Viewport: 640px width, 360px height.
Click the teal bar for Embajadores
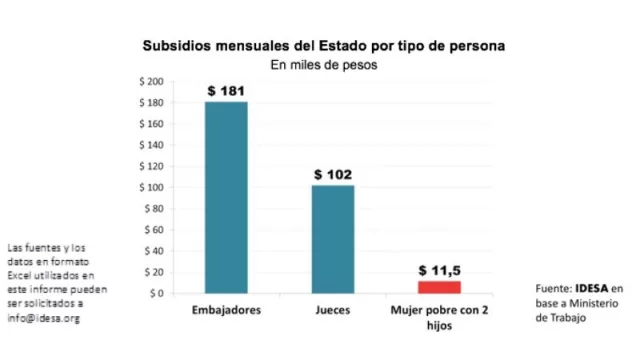tap(226, 197)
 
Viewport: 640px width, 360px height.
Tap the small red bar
tap(438, 287)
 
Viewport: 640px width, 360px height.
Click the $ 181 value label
tap(226, 91)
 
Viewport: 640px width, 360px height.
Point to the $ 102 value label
tap(332, 175)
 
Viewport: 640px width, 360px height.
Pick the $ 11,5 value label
tap(438, 270)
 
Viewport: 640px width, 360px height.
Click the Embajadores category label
tap(226, 310)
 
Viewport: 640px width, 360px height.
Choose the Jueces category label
tap(332, 310)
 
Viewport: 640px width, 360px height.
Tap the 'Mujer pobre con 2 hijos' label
tap(438, 317)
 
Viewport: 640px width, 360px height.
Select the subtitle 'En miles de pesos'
tap(323, 64)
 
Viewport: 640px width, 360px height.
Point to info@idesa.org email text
tap(42, 318)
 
